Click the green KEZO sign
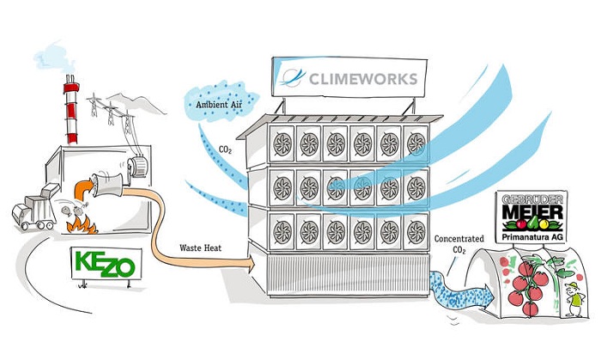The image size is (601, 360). point(106,264)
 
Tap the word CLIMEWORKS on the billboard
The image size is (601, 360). point(363,79)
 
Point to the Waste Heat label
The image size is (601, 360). point(200,248)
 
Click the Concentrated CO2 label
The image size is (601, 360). point(458,244)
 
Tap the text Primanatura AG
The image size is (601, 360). point(532,237)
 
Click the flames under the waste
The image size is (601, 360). point(82,224)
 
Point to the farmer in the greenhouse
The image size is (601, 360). point(574,299)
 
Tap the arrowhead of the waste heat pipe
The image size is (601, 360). point(251,265)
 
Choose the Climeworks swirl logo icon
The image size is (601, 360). point(292,77)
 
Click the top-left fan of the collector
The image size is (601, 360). point(282,143)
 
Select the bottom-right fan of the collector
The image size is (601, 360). point(416,232)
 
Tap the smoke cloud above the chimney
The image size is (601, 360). point(54,58)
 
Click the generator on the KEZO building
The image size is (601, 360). point(137,166)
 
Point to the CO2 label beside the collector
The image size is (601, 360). point(225,149)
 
